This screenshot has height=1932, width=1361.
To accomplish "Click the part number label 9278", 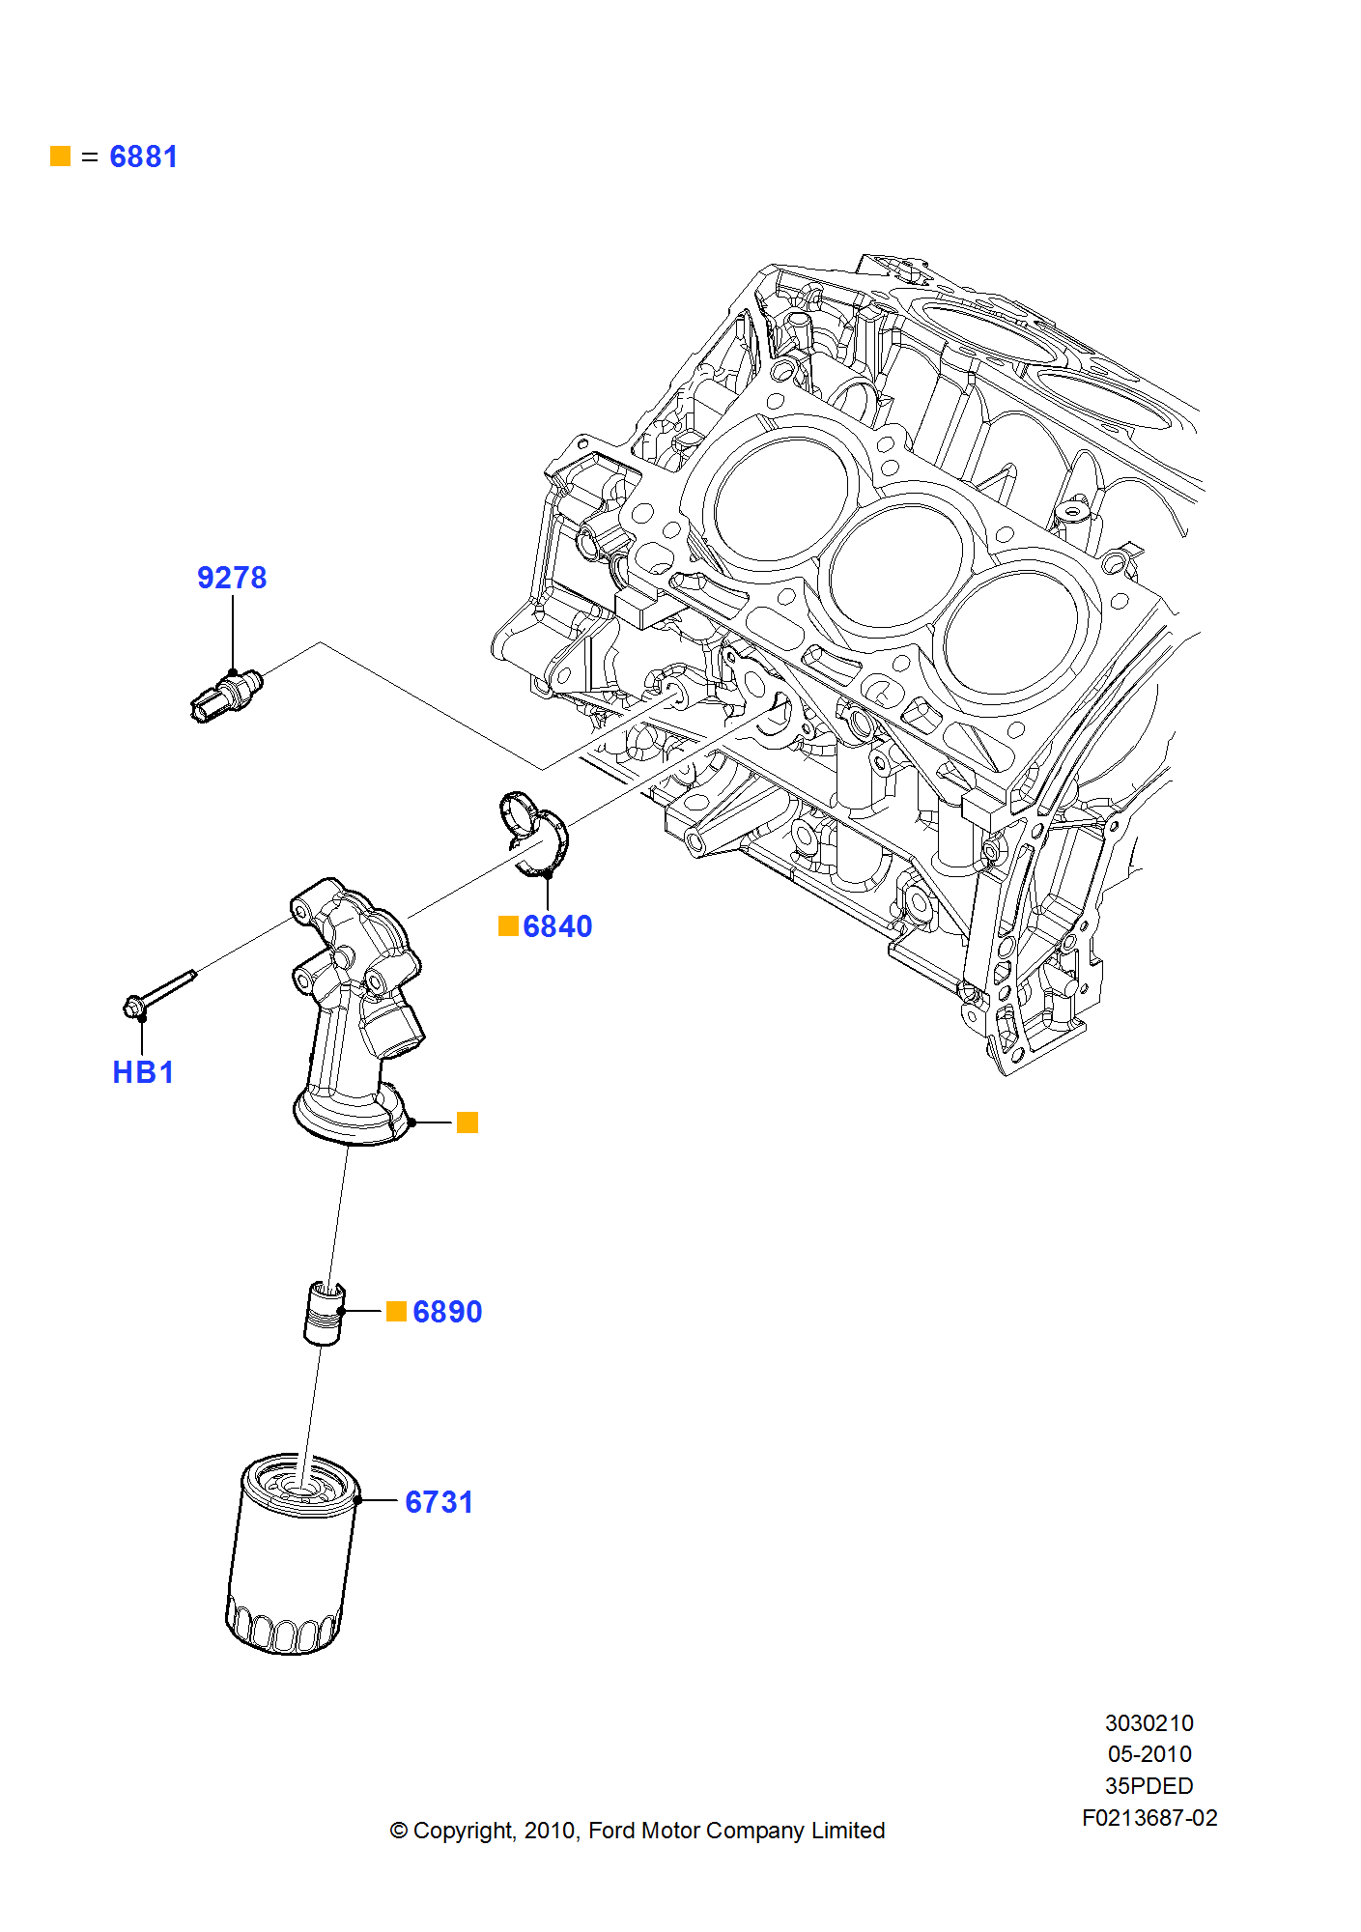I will pos(232,578).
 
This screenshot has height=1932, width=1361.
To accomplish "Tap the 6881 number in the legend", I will pos(143,156).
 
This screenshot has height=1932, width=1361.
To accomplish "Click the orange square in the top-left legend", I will pos(61,156).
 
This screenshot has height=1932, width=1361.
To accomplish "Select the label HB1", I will pos(143,1072).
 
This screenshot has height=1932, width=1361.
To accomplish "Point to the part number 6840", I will pos(557,926).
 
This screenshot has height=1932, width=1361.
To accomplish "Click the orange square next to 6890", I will pos(396,1311).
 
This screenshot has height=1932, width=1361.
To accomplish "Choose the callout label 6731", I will pos(439,1502).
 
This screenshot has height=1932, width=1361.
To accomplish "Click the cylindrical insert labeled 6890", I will pos(323,1314).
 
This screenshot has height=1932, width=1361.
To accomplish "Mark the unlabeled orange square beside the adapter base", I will pos(468,1122).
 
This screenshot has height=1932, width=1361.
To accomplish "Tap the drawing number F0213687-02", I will pos(1148,1818).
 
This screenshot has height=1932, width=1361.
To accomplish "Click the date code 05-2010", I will pos(1148,1754).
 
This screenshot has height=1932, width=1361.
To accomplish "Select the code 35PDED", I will pos(1148,1786).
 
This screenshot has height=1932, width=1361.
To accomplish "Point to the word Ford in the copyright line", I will pos(611,1831).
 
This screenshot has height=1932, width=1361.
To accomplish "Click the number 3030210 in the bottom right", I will pos(1148,1723).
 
